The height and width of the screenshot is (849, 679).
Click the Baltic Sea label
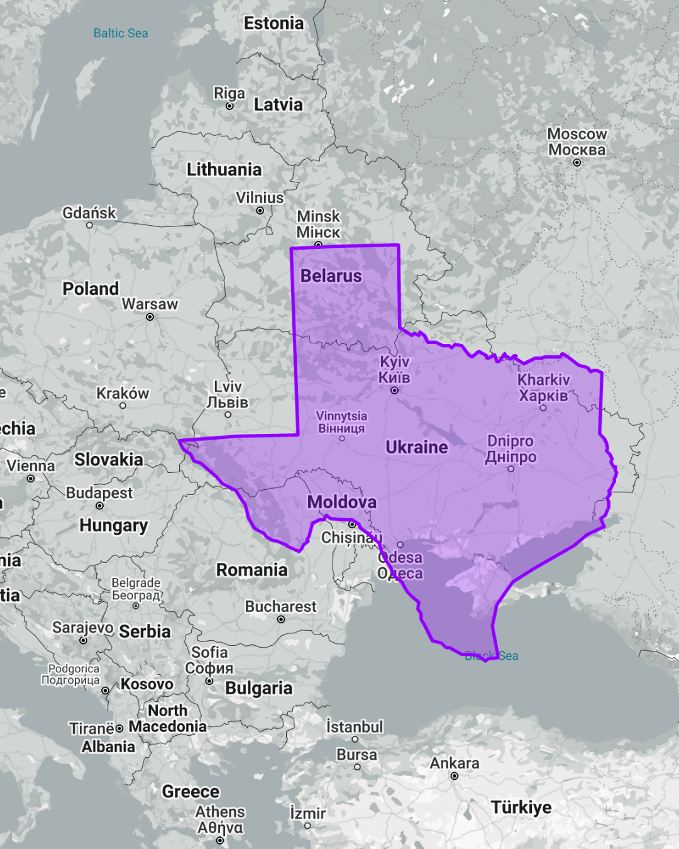pyautogui.click(x=121, y=33)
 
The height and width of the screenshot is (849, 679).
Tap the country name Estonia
pyautogui.click(x=273, y=23)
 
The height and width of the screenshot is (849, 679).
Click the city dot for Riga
pyautogui.click(x=229, y=106)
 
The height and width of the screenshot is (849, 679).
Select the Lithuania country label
pyautogui.click(x=224, y=169)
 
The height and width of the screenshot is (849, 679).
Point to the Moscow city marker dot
pyautogui.click(x=577, y=163)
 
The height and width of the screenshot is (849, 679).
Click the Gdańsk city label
pyautogui.click(x=89, y=213)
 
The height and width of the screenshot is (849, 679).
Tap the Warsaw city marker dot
pyautogui.click(x=150, y=317)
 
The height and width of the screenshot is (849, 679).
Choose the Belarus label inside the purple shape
pyautogui.click(x=331, y=276)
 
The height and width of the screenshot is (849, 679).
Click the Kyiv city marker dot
pyautogui.click(x=395, y=391)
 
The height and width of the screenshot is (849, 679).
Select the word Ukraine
pyautogui.click(x=417, y=447)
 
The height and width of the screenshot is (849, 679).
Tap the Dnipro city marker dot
pyautogui.click(x=511, y=469)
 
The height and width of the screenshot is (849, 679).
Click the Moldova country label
pyautogui.click(x=342, y=502)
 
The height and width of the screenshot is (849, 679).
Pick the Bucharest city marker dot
pyautogui.click(x=281, y=619)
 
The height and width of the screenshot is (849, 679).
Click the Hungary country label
pyautogui.click(x=114, y=525)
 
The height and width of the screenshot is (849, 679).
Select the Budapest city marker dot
pyautogui.click(x=99, y=506)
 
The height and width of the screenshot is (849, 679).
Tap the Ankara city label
pyautogui.click(x=455, y=763)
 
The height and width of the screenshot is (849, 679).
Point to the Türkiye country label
pyautogui.click(x=521, y=807)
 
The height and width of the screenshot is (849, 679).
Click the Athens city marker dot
pyautogui.click(x=220, y=840)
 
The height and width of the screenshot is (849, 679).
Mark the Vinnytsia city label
pyautogui.click(x=341, y=422)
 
